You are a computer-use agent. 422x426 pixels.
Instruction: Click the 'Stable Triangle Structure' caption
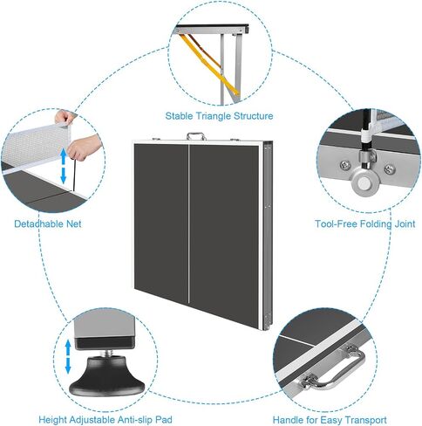click(219, 116)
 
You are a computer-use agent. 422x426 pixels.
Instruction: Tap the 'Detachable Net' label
click(48, 223)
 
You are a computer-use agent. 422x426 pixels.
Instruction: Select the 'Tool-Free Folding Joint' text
click(365, 223)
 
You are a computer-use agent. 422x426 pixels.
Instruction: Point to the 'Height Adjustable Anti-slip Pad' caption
click(105, 420)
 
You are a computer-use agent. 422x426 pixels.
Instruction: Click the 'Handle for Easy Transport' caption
click(330, 420)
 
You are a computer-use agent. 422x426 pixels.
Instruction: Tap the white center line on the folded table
click(188, 223)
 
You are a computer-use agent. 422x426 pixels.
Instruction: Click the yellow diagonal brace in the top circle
click(208, 65)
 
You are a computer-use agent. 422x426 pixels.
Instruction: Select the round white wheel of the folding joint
click(364, 183)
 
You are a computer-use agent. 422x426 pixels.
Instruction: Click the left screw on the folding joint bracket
click(344, 165)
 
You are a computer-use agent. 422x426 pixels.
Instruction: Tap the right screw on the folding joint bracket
click(390, 168)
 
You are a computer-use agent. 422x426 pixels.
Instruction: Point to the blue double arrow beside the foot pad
click(68, 356)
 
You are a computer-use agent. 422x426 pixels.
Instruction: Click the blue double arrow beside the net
click(63, 165)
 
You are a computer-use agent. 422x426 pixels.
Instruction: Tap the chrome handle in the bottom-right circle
click(334, 368)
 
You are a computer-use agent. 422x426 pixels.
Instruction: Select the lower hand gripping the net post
click(85, 148)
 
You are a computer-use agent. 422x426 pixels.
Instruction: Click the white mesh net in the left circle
click(37, 146)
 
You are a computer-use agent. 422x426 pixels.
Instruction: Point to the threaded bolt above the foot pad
click(106, 353)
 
